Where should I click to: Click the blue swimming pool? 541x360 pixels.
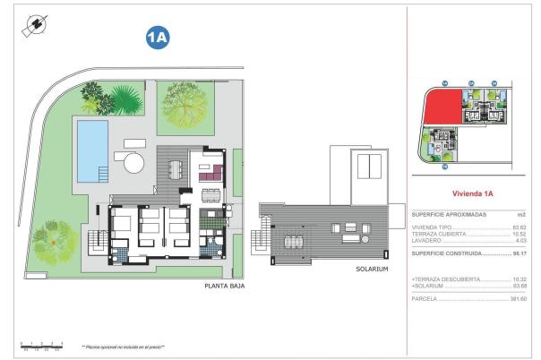(91, 148)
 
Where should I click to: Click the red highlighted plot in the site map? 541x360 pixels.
(441, 109)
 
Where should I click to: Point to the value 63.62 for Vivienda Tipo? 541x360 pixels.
(519, 227)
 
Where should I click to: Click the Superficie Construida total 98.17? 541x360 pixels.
(519, 253)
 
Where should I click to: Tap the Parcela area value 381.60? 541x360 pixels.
(518, 298)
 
